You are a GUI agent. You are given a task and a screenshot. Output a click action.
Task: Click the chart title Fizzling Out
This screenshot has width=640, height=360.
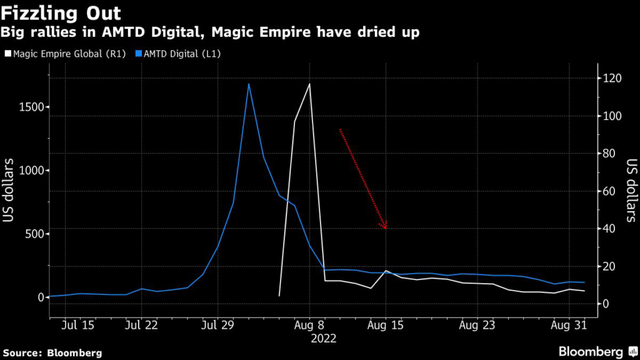[x=61, y=13]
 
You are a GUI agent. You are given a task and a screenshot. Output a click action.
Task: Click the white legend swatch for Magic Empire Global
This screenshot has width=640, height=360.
[x=7, y=54]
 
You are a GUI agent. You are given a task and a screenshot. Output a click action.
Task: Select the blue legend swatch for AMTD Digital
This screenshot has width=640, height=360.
[x=139, y=54]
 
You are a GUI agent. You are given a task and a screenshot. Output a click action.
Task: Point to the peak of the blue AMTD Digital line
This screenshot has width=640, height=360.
[x=249, y=84]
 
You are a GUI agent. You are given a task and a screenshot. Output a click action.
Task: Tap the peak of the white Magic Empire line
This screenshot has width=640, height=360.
[x=309, y=84]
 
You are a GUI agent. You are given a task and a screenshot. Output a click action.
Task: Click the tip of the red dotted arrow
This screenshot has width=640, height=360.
[x=386, y=228]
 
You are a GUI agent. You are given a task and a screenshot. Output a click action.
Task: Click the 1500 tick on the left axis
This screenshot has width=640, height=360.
[x=31, y=107]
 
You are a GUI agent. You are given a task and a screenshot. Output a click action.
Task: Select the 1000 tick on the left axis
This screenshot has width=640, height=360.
[x=31, y=171]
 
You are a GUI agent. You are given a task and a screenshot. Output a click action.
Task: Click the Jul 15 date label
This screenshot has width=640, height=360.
[x=78, y=325]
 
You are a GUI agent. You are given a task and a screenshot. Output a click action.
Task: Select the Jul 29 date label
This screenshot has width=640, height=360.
[x=218, y=325]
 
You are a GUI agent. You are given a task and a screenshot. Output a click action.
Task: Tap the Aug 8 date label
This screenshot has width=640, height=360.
[x=309, y=325]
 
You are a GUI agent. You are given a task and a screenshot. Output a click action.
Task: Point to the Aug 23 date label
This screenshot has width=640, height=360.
[x=477, y=325]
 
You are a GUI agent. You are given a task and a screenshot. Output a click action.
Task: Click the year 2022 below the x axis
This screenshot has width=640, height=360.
[x=324, y=338]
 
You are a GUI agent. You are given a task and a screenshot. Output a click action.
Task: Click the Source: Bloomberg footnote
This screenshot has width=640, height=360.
[x=52, y=352]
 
